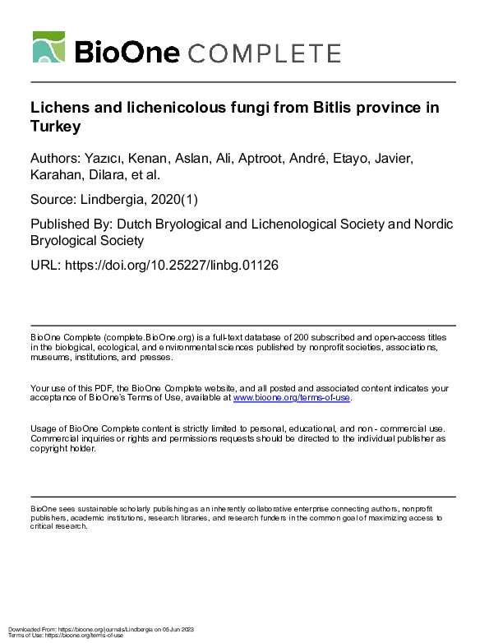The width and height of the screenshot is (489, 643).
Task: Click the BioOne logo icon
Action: (x=48, y=48)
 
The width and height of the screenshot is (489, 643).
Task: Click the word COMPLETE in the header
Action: (x=265, y=54)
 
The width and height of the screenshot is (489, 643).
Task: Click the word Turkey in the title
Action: (x=56, y=127)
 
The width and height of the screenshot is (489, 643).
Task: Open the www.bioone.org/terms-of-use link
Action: (x=292, y=398)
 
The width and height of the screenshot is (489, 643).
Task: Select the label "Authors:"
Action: (x=56, y=156)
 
